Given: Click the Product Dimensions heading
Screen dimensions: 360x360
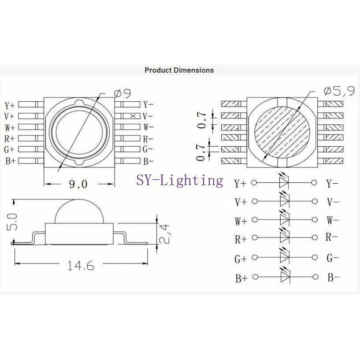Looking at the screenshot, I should pyautogui.click(x=179, y=70).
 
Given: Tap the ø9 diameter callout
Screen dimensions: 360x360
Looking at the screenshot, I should pyautogui.click(x=122, y=93).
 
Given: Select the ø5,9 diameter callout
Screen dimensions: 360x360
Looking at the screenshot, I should pyautogui.click(x=339, y=91).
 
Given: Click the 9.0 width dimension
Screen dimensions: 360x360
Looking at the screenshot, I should pyautogui.click(x=78, y=184).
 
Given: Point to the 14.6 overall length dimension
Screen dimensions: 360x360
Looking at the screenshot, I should pyautogui.click(x=80, y=266).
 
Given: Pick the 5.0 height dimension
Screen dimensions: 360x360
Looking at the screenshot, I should pyautogui.click(x=12, y=222).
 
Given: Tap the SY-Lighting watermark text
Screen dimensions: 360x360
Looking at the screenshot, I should pyautogui.click(x=179, y=180).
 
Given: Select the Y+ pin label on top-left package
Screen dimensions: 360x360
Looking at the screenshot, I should pyautogui.click(x=10, y=106).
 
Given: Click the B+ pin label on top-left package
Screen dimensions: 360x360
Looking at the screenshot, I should pyautogui.click(x=10, y=161).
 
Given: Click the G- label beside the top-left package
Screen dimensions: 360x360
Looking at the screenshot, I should pyautogui.click(x=148, y=149).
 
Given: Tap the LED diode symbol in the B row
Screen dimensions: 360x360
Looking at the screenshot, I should pyautogui.click(x=284, y=277).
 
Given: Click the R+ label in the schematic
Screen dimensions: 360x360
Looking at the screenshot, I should pyautogui.click(x=241, y=240).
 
